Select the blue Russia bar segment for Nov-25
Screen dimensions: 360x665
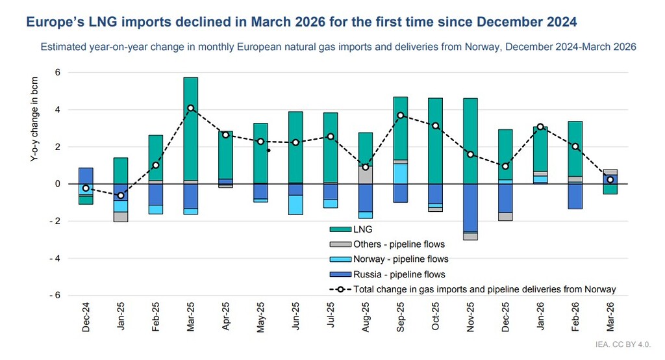[x=470, y=207]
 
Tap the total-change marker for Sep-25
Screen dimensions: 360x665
[x=401, y=115]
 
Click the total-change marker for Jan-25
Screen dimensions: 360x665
[x=121, y=195]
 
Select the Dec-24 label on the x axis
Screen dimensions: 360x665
[x=86, y=316]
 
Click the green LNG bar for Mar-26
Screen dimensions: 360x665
[x=610, y=189]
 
